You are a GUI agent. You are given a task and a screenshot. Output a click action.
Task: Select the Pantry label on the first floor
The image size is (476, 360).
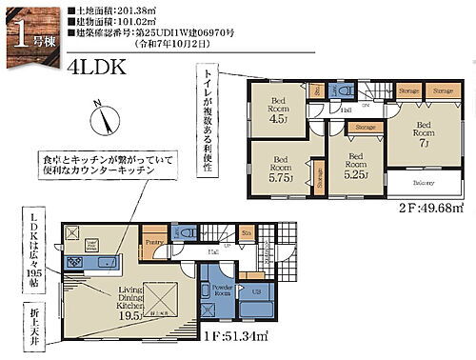point(152,244)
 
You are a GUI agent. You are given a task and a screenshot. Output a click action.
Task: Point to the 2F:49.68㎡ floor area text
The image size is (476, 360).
point(431,207)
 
